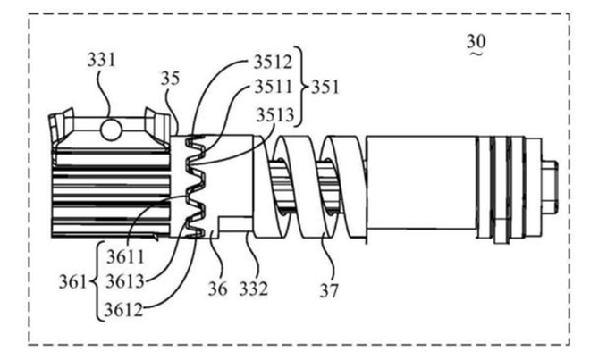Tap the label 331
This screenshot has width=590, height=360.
coord(101,61)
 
